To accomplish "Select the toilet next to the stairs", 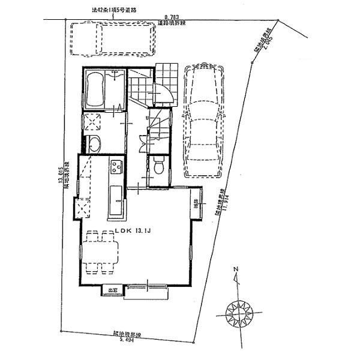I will [x=158, y=167].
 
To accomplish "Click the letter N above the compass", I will [x=236, y=269].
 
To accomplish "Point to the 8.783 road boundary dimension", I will [x=173, y=19].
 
